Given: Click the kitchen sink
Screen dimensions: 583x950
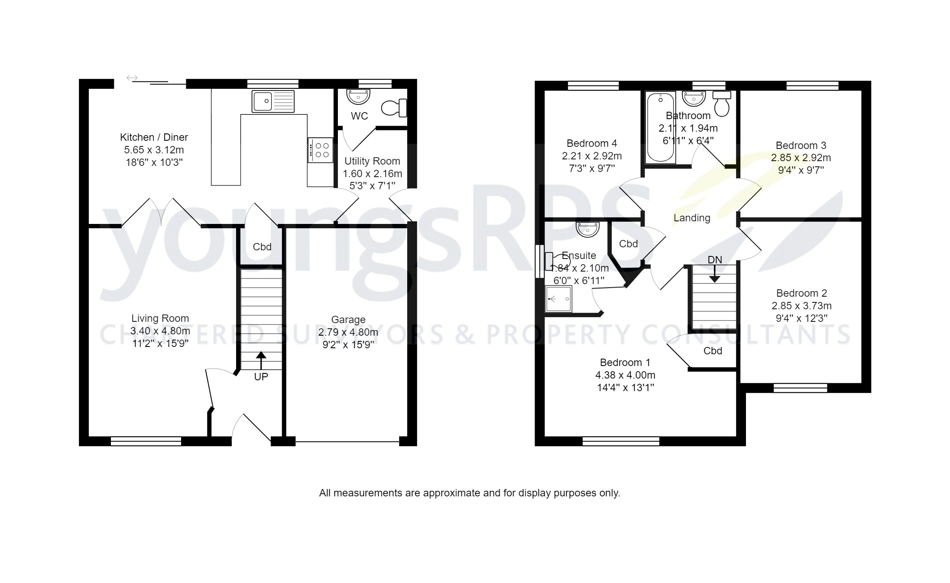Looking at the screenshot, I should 273,101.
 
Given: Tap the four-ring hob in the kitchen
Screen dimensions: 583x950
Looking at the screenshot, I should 321,150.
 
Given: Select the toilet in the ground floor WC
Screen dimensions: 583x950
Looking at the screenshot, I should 393,108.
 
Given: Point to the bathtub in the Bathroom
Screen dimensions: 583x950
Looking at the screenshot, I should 660,126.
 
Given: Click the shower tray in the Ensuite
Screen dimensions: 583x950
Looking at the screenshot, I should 558,299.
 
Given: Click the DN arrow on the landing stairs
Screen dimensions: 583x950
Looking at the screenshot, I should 714,274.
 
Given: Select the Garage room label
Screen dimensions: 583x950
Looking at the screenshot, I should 348,320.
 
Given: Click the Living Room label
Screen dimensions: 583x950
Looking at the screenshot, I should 160,318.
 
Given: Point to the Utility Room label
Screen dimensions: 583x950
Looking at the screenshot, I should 372,161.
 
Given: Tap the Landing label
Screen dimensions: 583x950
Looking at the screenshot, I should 692,218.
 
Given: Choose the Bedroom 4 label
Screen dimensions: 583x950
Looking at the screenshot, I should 592,143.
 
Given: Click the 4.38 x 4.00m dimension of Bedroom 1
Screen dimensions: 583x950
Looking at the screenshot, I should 625,375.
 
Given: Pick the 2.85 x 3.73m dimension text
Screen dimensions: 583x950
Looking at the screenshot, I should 801,306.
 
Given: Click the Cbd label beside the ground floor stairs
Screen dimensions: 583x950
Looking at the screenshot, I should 262,247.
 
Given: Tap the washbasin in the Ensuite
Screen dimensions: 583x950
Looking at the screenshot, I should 588,229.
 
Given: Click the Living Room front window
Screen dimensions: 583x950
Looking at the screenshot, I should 146,441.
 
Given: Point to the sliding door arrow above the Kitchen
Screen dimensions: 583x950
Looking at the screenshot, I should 132,78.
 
